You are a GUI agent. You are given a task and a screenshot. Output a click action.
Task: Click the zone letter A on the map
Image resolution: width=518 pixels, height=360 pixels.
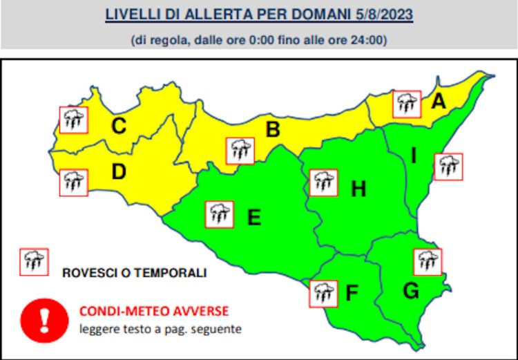point(438,102)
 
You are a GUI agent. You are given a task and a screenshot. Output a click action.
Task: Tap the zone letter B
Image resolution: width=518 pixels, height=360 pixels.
point(273,129)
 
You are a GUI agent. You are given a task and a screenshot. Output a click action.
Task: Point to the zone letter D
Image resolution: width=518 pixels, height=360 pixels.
point(118,172)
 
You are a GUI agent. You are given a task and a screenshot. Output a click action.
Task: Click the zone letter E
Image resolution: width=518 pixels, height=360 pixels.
point(254,218)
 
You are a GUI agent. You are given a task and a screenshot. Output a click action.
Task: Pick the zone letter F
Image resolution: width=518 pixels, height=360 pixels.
point(352,294)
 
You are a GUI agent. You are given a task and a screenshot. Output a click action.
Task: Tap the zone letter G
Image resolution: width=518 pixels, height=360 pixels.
point(411,291)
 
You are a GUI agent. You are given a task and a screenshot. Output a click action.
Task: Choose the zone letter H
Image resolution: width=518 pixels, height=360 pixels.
point(358,189)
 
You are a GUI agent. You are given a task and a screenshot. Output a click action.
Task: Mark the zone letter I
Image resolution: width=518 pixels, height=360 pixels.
point(413,156)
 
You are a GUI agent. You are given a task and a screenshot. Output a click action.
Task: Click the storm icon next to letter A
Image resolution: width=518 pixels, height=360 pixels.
point(407,104)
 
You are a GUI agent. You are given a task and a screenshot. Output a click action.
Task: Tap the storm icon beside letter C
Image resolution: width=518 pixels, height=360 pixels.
point(73,120)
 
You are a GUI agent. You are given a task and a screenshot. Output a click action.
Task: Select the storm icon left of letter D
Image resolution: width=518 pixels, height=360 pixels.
point(73,182)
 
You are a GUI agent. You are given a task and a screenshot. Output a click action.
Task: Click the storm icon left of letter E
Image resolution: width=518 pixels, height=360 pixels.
point(220,214)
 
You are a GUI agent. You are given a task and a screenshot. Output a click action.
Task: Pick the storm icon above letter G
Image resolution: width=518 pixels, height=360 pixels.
point(428,262)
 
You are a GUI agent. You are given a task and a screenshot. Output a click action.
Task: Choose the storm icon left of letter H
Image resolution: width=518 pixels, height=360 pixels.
point(323,182)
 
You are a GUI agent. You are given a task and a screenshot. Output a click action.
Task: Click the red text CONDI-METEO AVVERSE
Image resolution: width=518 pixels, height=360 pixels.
point(153,311)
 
